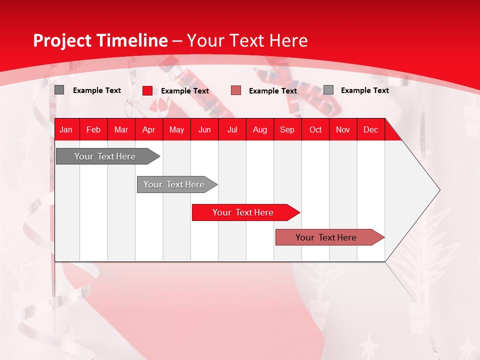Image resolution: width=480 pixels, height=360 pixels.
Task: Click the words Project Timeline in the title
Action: [x=100, y=40]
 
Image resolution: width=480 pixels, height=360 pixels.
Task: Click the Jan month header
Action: [x=66, y=129]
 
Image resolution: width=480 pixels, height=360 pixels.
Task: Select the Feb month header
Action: [x=93, y=129]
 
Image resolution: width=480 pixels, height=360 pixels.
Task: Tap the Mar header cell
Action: [x=121, y=129]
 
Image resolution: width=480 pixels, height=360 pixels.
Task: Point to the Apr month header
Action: [x=149, y=129]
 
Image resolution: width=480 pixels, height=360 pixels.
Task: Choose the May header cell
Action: [x=176, y=129]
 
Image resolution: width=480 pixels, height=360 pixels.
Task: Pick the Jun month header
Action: [x=204, y=129]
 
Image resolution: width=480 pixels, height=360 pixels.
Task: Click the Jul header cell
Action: [x=232, y=129]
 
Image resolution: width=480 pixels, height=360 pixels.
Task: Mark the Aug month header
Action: [x=260, y=129]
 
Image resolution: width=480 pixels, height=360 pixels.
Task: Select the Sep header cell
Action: [x=287, y=129]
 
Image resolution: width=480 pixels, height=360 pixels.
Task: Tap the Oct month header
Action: [x=315, y=129]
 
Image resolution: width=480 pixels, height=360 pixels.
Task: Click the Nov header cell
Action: [x=343, y=129]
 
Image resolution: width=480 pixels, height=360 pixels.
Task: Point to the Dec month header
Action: [x=371, y=129]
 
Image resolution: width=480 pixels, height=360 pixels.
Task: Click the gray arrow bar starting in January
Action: [x=105, y=156]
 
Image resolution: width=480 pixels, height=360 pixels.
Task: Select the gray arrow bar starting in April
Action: [x=174, y=184]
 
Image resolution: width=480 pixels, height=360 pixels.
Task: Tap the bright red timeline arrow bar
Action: [x=243, y=212]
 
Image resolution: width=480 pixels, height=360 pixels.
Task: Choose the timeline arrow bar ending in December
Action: [x=326, y=237]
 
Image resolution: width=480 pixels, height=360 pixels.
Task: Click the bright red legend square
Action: [x=147, y=90]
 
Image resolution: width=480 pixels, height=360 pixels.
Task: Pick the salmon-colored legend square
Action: [x=236, y=90]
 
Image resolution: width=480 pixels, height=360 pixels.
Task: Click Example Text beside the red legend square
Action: [x=185, y=91]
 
